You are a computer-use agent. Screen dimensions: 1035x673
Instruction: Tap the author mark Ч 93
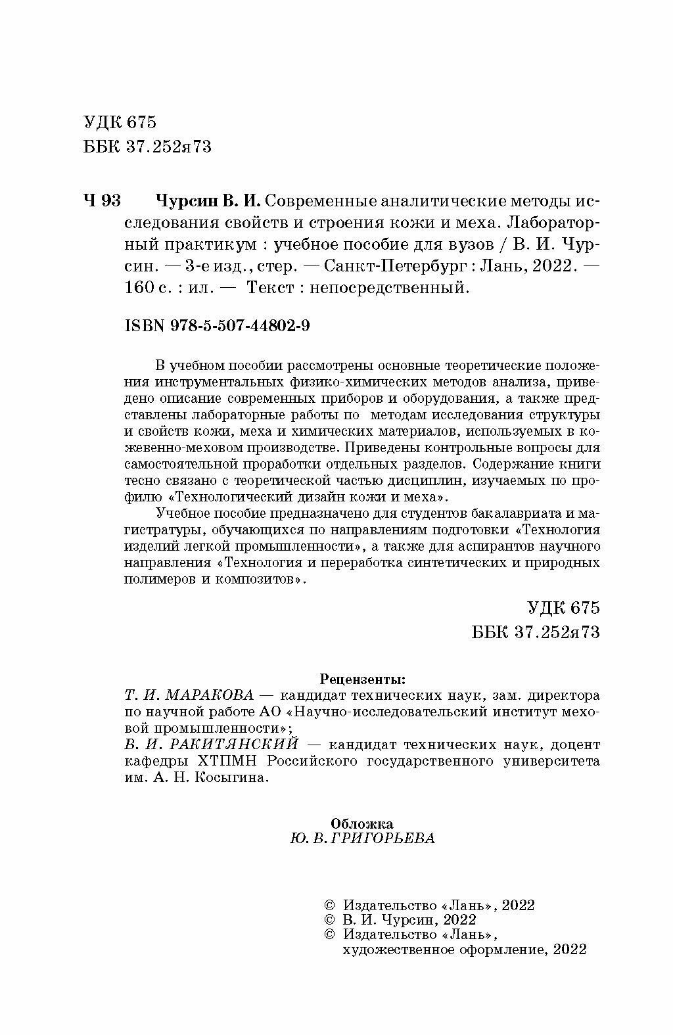pos(102,200)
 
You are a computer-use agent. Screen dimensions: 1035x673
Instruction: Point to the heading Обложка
pos(362,822)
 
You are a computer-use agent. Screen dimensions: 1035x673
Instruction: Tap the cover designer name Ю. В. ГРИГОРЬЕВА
pos(361,839)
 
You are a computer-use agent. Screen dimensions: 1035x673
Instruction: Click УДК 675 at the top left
pos(120,122)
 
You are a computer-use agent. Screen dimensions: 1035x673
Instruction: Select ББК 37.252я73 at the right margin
pos(536,632)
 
